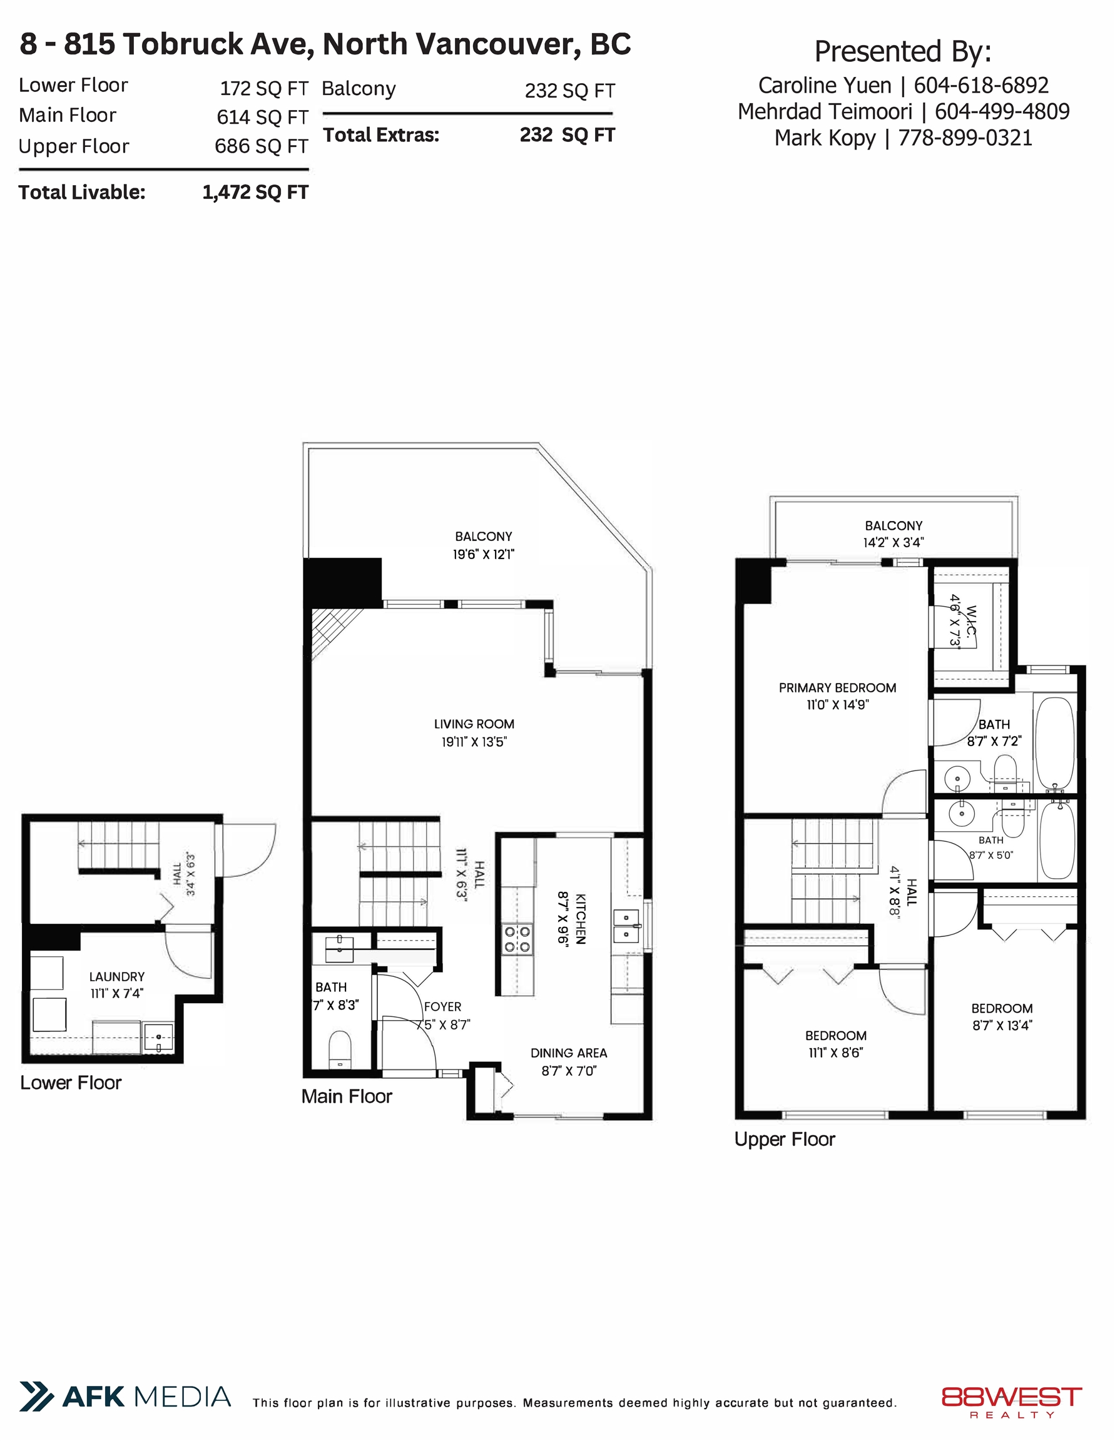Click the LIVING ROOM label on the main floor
[474, 724]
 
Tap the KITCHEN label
[581, 919]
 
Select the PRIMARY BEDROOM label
[837, 687]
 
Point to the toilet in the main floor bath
[340, 1049]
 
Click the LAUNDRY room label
[117, 976]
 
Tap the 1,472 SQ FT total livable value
[255, 192]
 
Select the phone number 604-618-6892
[981, 85]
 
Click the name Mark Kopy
[825, 138]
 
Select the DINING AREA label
[568, 1053]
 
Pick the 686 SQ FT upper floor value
[262, 146]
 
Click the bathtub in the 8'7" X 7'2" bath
[1055, 743]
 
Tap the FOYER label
[442, 1007]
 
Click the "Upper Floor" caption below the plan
[784, 1140]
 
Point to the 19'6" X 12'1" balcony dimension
[483, 554]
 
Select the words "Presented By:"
[902, 51]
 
